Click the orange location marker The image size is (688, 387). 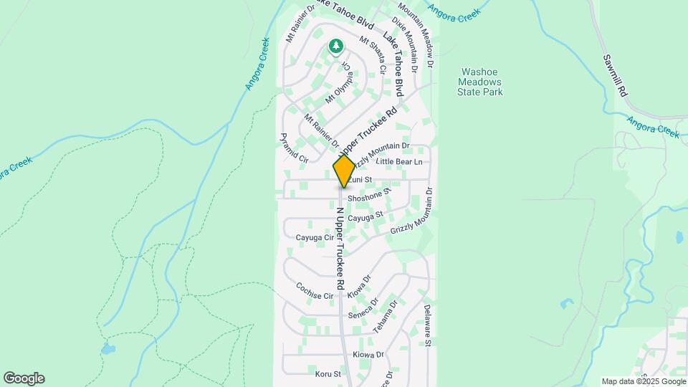[x=344, y=171]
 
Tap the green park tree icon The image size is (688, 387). [x=335, y=47]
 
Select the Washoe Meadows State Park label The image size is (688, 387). [x=481, y=82]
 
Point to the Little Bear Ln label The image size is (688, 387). [x=399, y=163]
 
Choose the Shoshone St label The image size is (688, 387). [x=368, y=195]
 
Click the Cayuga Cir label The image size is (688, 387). [x=315, y=237]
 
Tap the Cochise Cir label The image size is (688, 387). [x=315, y=291]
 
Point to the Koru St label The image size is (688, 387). [x=328, y=373]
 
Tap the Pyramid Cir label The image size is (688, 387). [x=294, y=148]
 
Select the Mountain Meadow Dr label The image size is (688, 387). [x=417, y=33]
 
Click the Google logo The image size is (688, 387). [x=23, y=378]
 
